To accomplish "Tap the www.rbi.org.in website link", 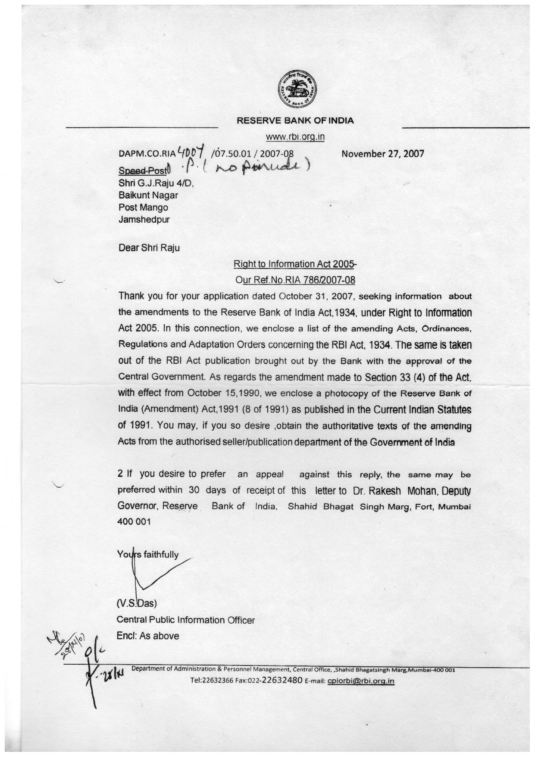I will coord(295,137).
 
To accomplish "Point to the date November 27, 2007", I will coord(382,153).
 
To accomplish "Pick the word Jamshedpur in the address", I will coord(144,219).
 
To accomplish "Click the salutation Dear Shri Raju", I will coord(149,248).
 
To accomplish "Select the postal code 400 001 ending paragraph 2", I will coord(134,522).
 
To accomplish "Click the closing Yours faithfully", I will coord(148,555).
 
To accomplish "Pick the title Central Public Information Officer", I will coord(186,620).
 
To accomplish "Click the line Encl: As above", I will coord(148,636).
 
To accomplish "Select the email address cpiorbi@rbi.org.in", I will coord(361,681).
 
